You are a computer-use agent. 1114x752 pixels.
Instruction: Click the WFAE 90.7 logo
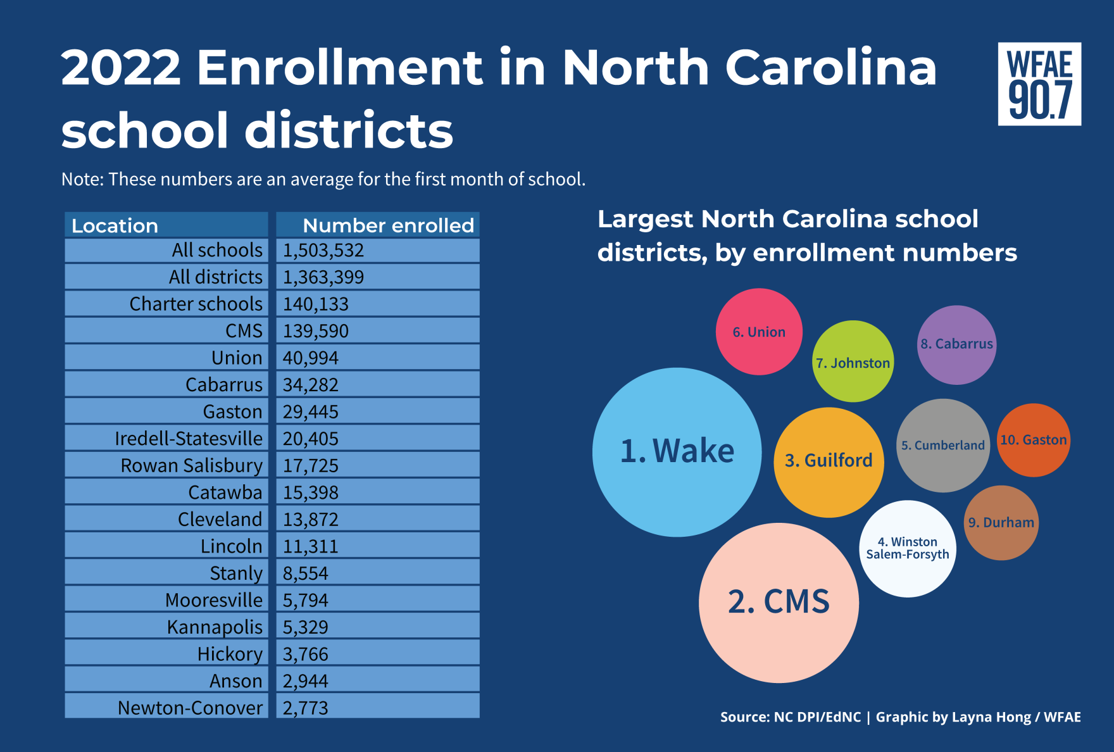(x=1039, y=84)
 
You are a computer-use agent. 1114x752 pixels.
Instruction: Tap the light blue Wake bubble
(x=677, y=452)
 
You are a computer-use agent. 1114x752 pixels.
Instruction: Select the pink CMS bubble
(x=779, y=603)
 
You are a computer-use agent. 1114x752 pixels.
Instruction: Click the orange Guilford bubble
(x=829, y=461)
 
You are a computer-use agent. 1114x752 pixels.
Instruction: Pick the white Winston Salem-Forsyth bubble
(x=908, y=548)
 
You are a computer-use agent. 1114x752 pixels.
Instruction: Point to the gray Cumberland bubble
(x=943, y=445)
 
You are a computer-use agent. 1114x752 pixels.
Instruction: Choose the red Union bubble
(x=759, y=332)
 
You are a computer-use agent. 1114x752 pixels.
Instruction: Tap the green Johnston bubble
(x=853, y=361)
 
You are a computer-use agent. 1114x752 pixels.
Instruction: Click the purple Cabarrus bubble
(x=956, y=344)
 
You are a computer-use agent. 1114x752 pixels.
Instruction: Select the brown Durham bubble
(x=1001, y=523)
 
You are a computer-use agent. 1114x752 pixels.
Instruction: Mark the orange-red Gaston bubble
(x=1034, y=440)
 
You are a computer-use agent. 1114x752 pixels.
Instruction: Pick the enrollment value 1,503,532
(x=323, y=251)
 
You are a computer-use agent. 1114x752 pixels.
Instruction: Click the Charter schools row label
(x=196, y=304)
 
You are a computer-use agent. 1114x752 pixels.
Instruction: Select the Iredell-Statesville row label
(x=188, y=439)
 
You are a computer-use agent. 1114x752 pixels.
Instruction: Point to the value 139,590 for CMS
(x=316, y=331)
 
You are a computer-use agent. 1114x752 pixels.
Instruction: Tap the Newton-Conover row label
(x=190, y=708)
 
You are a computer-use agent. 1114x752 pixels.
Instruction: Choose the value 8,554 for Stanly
(x=306, y=573)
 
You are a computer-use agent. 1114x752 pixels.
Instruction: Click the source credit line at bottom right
(x=900, y=717)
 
